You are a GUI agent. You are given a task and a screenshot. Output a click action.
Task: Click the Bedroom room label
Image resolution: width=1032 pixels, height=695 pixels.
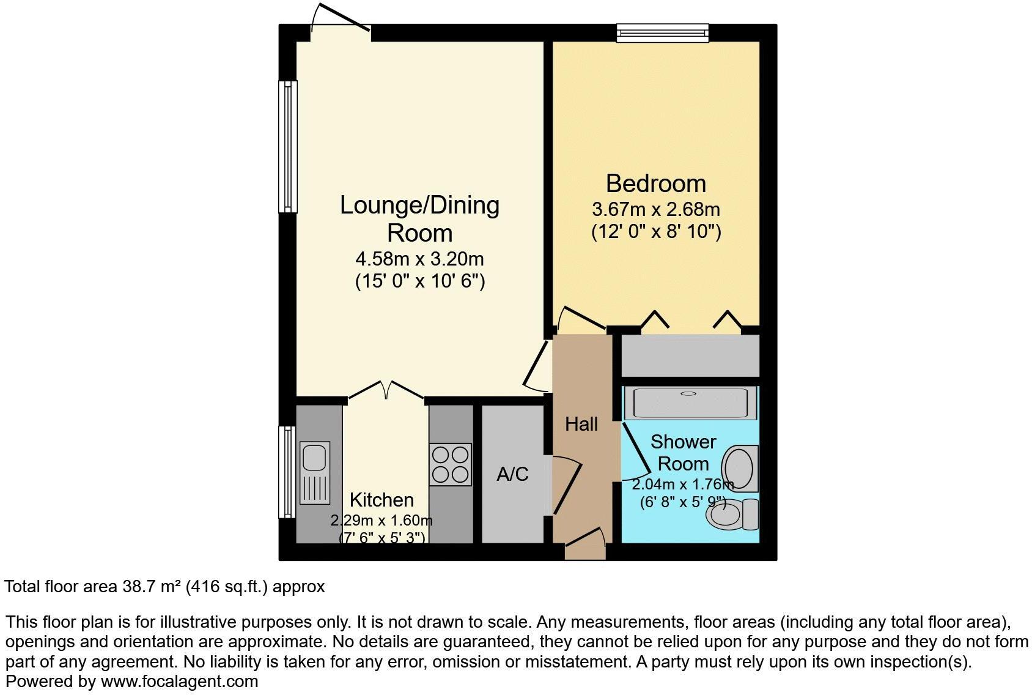coord(655,184)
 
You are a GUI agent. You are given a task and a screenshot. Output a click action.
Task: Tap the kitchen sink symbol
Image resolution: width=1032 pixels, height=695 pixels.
coord(315,472)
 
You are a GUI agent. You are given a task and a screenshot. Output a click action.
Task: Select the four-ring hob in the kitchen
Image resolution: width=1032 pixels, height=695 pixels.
coord(451,464)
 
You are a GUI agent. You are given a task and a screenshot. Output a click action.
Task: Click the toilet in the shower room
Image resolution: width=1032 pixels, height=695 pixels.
coord(732,515)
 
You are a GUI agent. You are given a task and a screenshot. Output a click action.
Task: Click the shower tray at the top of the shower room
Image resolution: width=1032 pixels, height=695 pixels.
coord(690,402)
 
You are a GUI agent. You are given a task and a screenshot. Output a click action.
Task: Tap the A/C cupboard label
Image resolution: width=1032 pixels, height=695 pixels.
coord(512,474)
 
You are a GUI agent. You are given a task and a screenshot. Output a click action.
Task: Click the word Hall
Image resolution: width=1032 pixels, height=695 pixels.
coord(581,424)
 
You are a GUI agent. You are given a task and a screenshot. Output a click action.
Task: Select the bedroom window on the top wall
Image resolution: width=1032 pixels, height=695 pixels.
coord(662,32)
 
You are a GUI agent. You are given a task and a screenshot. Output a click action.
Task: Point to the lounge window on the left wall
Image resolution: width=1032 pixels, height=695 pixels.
coord(287,147)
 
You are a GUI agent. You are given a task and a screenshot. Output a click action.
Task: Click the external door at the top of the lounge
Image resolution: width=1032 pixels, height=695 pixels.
coord(340,21)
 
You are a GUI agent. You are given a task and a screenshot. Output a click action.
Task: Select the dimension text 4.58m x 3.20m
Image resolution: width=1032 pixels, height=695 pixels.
coord(419,259)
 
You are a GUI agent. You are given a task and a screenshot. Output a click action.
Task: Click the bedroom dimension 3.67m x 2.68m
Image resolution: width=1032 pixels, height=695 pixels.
coord(655,210)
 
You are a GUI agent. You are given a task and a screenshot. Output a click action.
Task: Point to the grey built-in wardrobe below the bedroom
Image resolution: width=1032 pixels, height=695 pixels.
coord(690,355)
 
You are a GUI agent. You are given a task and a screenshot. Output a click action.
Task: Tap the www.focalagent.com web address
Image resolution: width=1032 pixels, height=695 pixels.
coord(179,681)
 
